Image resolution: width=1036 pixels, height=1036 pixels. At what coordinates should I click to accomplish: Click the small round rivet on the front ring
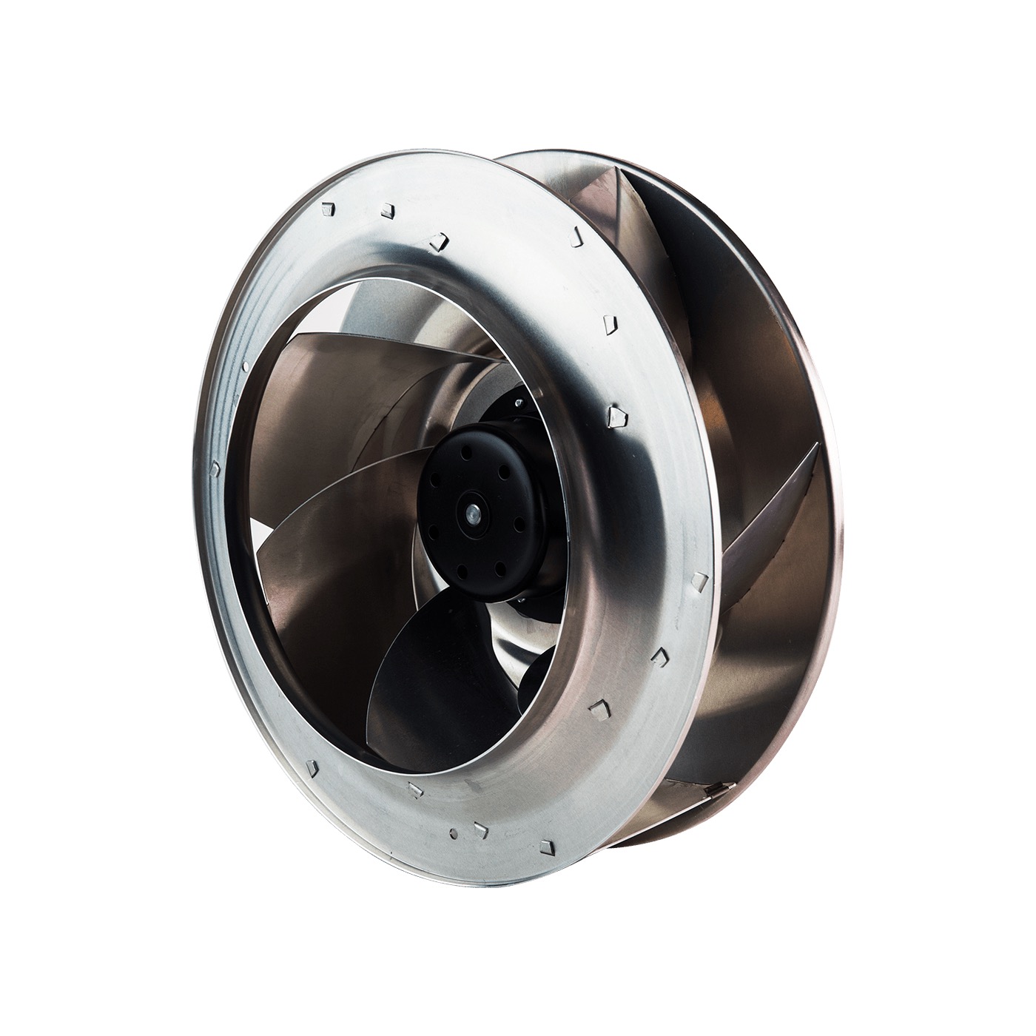[244, 366]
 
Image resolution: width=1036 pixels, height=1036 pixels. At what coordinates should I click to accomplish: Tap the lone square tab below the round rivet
[214, 468]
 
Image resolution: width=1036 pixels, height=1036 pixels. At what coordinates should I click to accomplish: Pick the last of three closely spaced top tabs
[437, 240]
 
